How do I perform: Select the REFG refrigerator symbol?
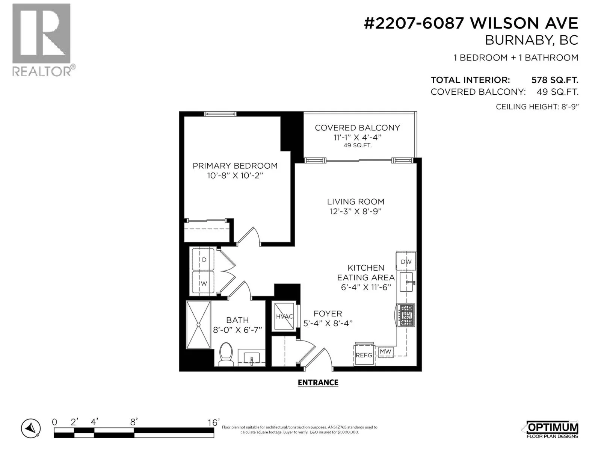click(x=364, y=354)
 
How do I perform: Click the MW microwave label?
click(x=385, y=351)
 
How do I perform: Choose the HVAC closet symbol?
click(x=284, y=316)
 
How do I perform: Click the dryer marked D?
click(x=203, y=259)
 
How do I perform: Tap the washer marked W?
click(x=203, y=283)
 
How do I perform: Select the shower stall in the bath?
click(x=198, y=325)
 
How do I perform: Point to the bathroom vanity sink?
click(x=251, y=358)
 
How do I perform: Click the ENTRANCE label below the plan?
click(x=318, y=383)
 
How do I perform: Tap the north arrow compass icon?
click(x=31, y=428)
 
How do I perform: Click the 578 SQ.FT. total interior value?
click(x=555, y=80)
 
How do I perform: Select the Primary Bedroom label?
click(x=235, y=166)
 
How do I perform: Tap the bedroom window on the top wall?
click(x=220, y=114)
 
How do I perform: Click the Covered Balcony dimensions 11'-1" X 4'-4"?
click(x=357, y=137)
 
